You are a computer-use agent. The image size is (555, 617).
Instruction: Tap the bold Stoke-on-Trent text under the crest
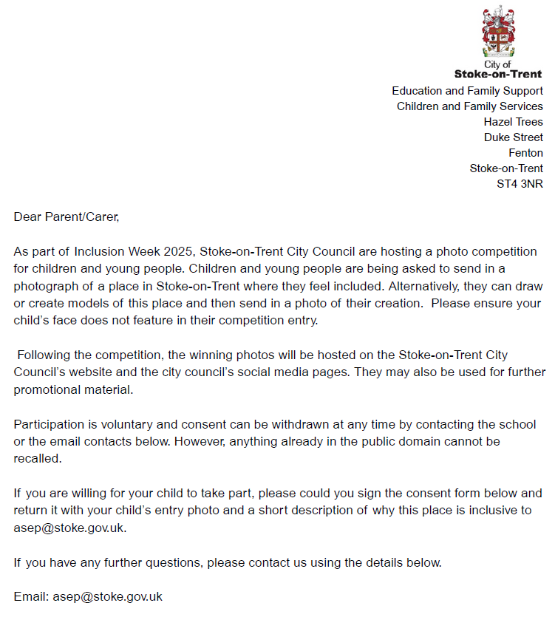(x=497, y=74)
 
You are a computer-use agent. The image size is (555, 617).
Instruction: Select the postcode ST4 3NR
(x=520, y=184)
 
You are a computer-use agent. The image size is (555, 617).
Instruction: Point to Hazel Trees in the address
(x=513, y=122)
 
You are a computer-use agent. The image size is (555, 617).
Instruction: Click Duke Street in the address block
(x=513, y=137)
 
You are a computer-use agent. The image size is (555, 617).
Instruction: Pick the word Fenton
(x=525, y=153)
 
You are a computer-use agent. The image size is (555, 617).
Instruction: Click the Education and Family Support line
(x=467, y=91)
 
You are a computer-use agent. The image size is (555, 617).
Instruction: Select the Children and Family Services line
(x=469, y=106)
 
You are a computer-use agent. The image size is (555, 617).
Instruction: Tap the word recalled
(x=36, y=458)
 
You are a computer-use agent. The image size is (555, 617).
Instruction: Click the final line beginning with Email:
(x=88, y=596)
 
